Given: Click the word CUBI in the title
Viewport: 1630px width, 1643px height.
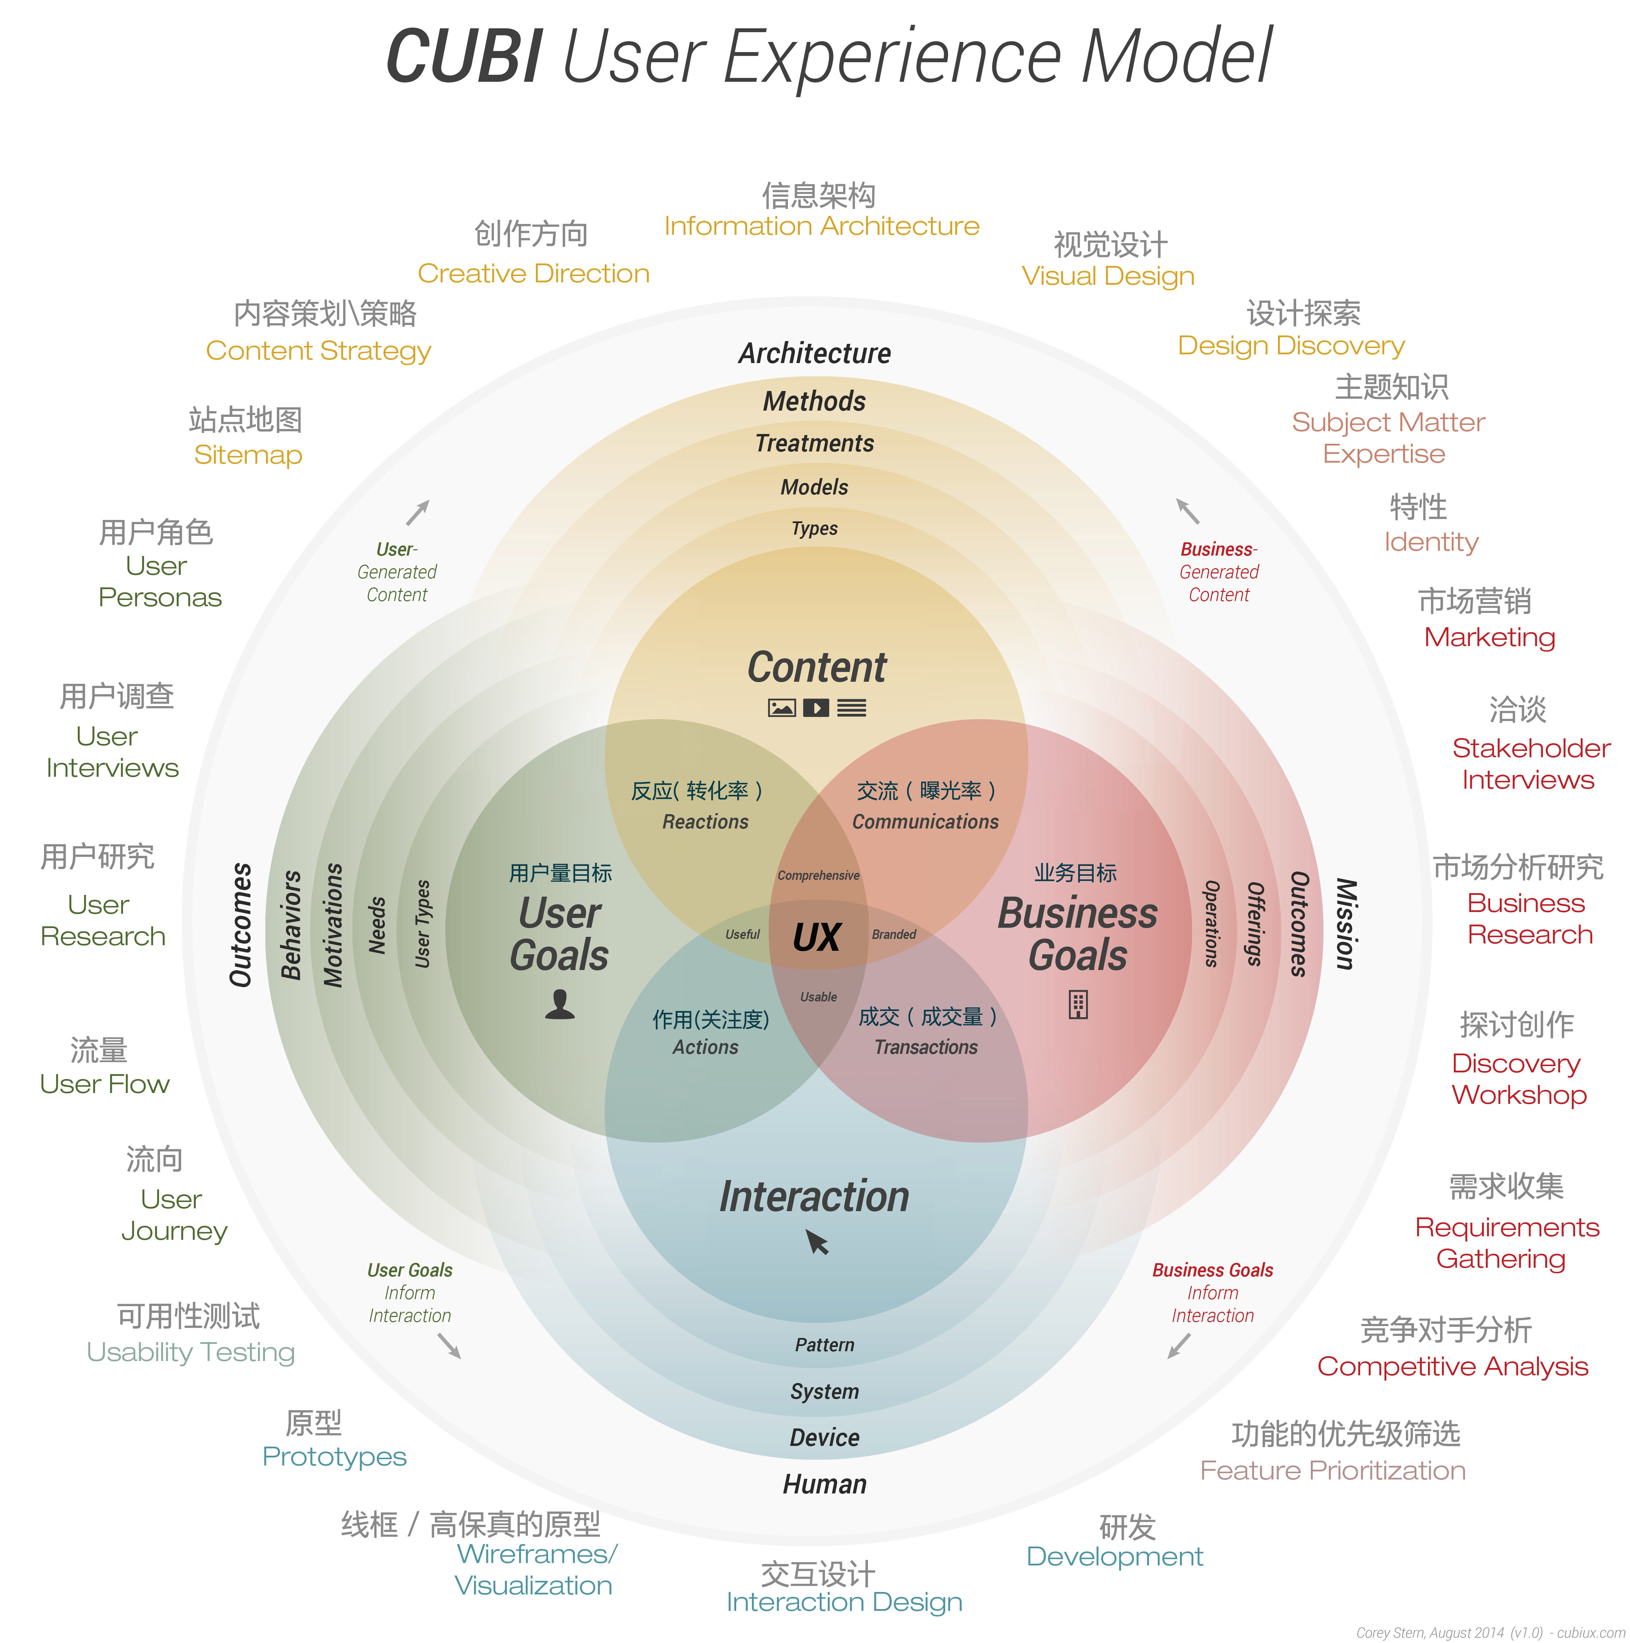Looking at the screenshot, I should point(464,57).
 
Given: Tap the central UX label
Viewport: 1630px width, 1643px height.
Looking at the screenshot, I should point(817,937).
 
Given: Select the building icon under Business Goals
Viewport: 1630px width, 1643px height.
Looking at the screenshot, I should point(1078,1004).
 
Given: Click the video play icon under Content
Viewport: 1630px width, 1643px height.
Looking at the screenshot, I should point(816,708).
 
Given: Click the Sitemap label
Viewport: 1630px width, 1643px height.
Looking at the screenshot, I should point(247,455).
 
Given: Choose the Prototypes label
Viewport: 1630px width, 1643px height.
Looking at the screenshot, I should point(334,1457).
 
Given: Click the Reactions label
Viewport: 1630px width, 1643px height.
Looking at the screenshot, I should point(705,821).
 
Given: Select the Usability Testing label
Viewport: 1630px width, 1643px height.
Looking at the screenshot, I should point(191,1352).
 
